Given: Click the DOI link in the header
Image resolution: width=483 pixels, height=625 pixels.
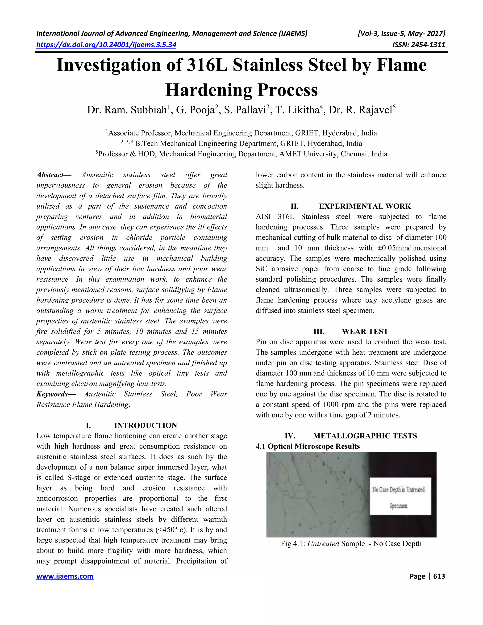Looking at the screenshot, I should [x=106, y=45].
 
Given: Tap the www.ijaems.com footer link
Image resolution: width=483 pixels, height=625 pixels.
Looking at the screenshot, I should [x=65, y=576].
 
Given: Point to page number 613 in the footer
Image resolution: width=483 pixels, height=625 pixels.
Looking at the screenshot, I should [x=439, y=576].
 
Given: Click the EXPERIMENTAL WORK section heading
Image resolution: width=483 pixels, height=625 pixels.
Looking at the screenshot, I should [x=365, y=206].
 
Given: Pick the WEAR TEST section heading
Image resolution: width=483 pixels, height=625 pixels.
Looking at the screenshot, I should [x=365, y=331].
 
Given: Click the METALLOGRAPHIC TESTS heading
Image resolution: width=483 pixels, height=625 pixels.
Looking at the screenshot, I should [x=365, y=436].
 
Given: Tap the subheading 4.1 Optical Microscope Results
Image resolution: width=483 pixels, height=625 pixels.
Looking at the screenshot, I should [x=308, y=446].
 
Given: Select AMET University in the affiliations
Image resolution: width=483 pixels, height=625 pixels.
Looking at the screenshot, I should [x=309, y=154].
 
